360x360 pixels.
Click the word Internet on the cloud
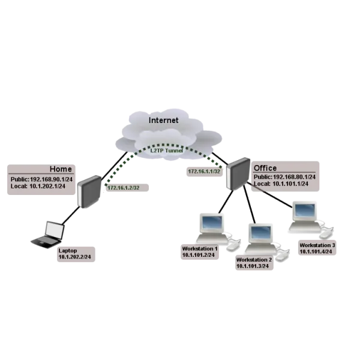163,120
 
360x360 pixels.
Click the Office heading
265,168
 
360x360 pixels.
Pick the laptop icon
49,234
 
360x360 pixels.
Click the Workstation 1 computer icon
213,228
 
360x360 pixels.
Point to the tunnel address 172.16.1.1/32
203,172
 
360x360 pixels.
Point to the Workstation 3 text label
317,245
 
